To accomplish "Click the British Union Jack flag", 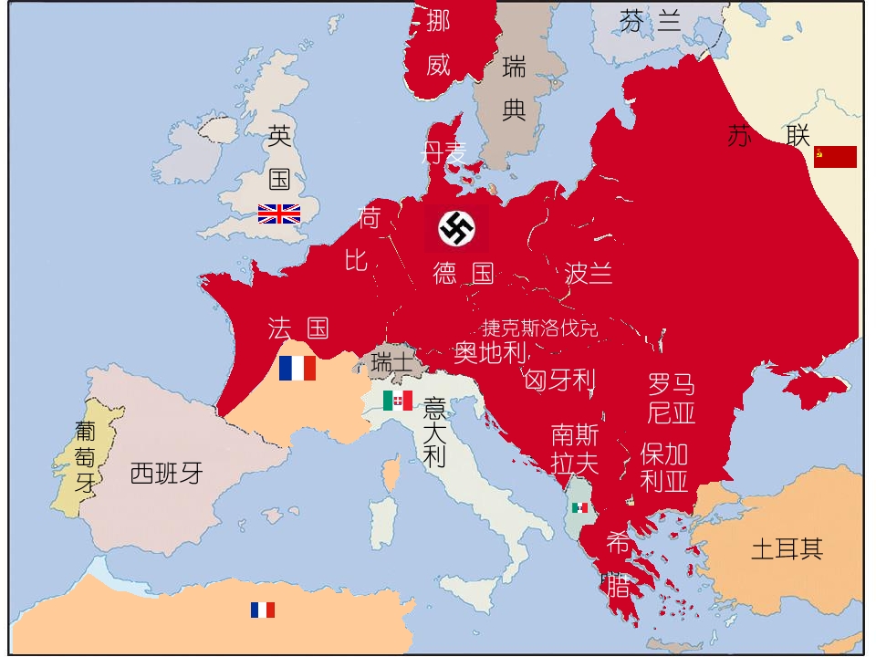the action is [x=278, y=214].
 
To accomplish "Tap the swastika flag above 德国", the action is [x=456, y=228].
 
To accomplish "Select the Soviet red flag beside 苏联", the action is [x=835, y=157].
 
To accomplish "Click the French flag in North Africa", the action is [x=263, y=610].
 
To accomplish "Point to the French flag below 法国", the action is [x=297, y=369].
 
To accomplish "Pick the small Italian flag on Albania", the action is [x=579, y=507].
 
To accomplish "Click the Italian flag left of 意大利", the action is [x=398, y=401].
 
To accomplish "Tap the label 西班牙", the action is [x=166, y=473].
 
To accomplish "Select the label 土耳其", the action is [x=787, y=548].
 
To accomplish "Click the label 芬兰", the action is [x=651, y=20].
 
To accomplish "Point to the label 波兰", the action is [x=589, y=273].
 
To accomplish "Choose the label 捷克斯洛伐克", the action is [x=540, y=328].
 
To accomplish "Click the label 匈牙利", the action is [x=560, y=380].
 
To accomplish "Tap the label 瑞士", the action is [x=391, y=363].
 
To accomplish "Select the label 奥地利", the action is [x=490, y=352].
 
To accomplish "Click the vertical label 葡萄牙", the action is [x=85, y=456].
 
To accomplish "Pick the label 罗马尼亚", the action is [x=672, y=398].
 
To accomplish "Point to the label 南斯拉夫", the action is [x=575, y=448].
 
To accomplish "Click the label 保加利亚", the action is [x=664, y=466].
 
